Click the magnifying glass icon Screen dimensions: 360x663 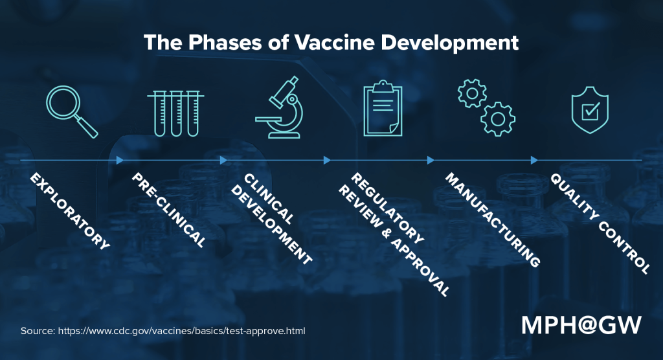click(x=71, y=111)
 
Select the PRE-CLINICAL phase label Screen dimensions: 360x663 click(x=170, y=210)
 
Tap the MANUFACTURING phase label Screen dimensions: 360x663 click(x=492, y=220)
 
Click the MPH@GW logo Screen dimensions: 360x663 click(x=581, y=325)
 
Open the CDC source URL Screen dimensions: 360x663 click(x=182, y=331)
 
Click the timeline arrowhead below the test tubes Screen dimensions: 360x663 click(x=224, y=160)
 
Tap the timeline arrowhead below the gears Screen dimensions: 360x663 click(x=535, y=160)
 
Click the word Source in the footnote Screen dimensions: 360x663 click(x=37, y=331)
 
